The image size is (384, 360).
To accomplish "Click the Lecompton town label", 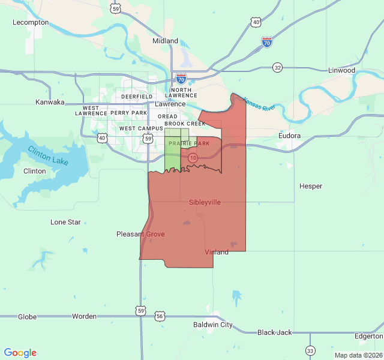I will coord(31,22).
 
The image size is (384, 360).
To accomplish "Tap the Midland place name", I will coord(165,41).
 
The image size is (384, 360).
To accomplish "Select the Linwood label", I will coord(341,70).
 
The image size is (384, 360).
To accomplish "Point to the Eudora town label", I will coord(290,136).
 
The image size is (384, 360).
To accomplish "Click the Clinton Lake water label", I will coord(48,155).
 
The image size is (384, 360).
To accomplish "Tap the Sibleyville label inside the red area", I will coord(205,202).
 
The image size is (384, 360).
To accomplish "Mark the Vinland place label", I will coord(217,252).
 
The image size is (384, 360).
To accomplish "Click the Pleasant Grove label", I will coord(140,234).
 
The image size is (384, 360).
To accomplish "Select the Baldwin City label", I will coord(212,325).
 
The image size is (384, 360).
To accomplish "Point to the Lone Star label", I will coord(65,222).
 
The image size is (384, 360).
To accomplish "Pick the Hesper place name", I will coord(311,186).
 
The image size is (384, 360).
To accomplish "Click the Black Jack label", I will coord(274,332).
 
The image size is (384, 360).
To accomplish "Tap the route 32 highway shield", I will coord(277,67).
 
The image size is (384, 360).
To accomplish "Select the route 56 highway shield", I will coord(159,316).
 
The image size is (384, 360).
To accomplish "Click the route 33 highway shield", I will coord(310,350).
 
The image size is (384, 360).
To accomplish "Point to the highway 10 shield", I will coord(193,157).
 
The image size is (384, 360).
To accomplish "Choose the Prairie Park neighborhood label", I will coord(189,143).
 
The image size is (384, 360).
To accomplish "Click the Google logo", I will coord(20,353).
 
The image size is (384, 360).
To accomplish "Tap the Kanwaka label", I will coord(50,102).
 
